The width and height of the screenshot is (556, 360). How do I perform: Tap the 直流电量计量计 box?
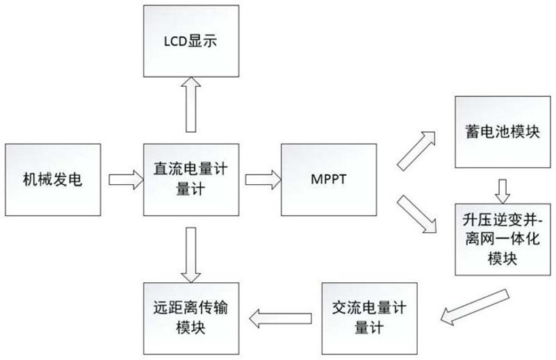pos(186,180)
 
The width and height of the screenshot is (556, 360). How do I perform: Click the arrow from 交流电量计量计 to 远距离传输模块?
pos(275,318)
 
